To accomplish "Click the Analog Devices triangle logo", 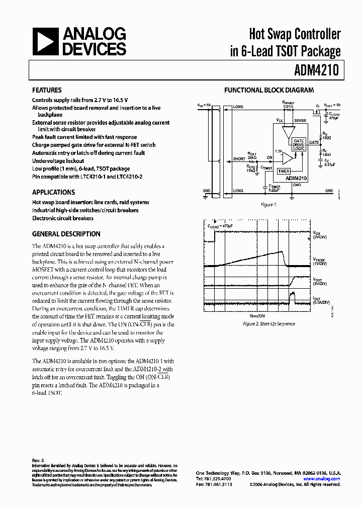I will [x=44, y=41].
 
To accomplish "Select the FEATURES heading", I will [x=47, y=91].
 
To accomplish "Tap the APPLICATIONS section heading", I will [x=53, y=192].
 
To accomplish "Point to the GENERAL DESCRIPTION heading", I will [x=66, y=234].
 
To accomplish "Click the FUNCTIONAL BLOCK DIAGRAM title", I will [x=268, y=91].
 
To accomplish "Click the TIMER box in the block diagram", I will [x=284, y=171].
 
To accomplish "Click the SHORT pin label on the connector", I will [x=239, y=159].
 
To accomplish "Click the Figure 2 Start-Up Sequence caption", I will [x=269, y=324].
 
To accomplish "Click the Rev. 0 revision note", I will [x=38, y=460].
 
